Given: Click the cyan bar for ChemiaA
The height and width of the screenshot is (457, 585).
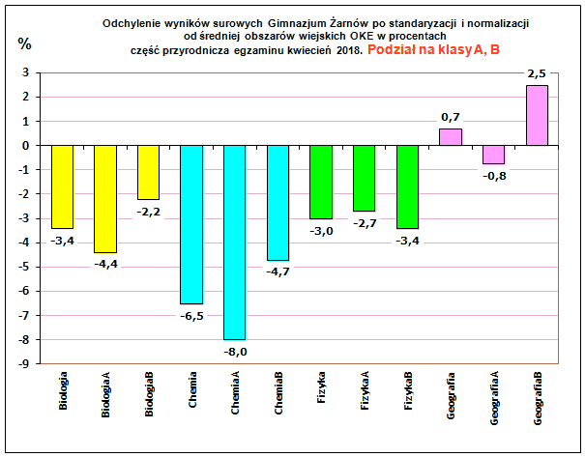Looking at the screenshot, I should tap(235, 242).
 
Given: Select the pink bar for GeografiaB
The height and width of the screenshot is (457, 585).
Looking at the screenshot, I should tap(538, 115).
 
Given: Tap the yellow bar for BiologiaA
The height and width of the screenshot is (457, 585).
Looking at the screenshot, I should tap(105, 198).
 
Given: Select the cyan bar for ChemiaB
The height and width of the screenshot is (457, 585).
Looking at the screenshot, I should tap(278, 202).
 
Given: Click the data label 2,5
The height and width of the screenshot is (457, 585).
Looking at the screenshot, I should tap(538, 73).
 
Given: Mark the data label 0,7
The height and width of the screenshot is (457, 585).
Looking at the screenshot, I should tap(451, 117).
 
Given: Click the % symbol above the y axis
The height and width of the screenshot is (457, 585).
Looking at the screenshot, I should tap(25, 43).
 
